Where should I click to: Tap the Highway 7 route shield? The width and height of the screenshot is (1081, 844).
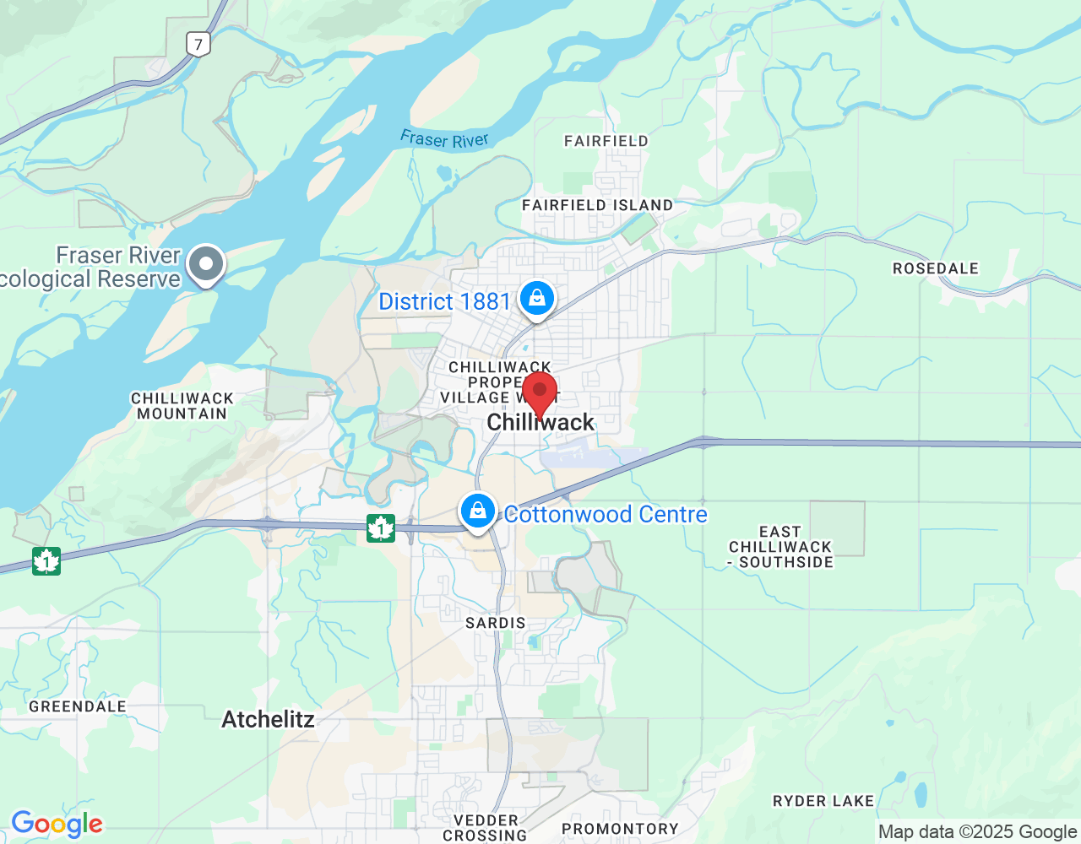[198, 44]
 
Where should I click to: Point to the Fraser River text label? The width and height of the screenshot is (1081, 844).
[444, 139]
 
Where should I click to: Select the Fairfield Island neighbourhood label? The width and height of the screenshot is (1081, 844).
[597, 205]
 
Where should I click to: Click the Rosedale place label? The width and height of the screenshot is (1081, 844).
[936, 268]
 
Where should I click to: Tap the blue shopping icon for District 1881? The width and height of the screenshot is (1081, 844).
[536, 299]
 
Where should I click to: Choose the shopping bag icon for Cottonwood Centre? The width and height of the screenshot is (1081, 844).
[478, 511]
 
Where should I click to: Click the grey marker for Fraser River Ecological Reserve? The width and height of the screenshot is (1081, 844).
[206, 264]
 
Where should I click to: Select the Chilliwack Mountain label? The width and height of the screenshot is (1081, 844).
[182, 406]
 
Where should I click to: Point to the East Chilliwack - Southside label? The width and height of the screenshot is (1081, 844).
[780, 547]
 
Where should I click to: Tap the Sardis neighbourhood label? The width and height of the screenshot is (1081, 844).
[496, 623]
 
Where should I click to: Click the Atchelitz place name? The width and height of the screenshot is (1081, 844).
[268, 719]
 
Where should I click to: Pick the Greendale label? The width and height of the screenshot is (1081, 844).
[78, 706]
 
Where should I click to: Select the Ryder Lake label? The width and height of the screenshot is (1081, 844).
[823, 801]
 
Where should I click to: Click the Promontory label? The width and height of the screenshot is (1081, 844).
[620, 829]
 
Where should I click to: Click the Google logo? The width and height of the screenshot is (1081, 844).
[57, 825]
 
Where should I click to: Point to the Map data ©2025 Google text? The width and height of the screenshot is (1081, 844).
[977, 832]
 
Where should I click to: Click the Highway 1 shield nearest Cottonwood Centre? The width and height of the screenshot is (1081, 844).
[381, 528]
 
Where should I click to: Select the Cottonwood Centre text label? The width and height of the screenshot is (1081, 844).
[606, 514]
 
